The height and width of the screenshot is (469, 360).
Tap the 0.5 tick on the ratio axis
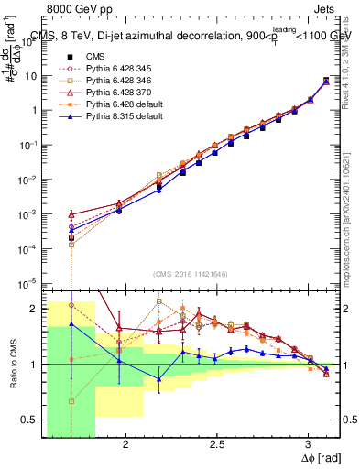click(x=35, y=420)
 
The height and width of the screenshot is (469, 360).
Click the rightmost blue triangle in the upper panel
click(x=327, y=82)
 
